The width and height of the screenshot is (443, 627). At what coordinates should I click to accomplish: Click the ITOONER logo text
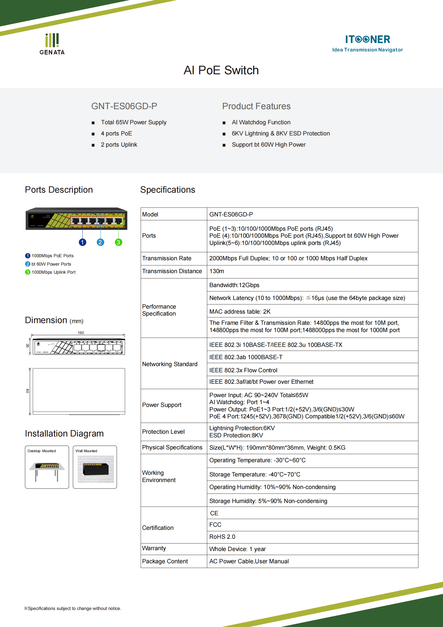pos(367,39)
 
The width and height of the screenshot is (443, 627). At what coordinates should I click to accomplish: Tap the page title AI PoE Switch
pos(221,70)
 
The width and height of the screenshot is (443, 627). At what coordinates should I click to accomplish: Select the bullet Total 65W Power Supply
pos(133,122)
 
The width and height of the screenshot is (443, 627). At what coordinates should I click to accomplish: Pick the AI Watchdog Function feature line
pos(261,122)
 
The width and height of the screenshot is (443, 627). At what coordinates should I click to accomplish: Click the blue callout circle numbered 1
pos(82,242)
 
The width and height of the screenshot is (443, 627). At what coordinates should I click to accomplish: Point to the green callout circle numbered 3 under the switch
pos(118,242)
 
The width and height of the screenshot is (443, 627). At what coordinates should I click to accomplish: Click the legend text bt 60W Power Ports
pos(51,264)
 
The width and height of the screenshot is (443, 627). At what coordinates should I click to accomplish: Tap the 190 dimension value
pos(81,333)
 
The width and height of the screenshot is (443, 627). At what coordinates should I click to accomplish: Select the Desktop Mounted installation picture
pos(47,469)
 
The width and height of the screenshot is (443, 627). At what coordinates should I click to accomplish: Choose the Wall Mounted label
pos(86,451)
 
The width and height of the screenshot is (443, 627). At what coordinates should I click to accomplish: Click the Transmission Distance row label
pos(172,271)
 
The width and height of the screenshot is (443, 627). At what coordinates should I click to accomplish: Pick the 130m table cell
pos(217,271)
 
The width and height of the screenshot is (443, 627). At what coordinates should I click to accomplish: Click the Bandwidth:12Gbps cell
pos(234,285)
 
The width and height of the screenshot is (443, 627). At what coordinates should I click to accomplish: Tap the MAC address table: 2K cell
pos(240,311)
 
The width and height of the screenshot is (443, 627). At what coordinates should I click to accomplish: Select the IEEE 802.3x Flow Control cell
pos(243,370)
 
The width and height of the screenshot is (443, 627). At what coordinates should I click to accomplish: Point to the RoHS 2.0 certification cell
pos(222,537)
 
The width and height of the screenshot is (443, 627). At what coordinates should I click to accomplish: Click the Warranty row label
pos(154,548)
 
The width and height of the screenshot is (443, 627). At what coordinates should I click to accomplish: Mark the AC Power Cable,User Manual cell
pos(249,561)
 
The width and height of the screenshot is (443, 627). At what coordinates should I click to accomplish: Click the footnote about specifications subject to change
pos(73,608)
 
